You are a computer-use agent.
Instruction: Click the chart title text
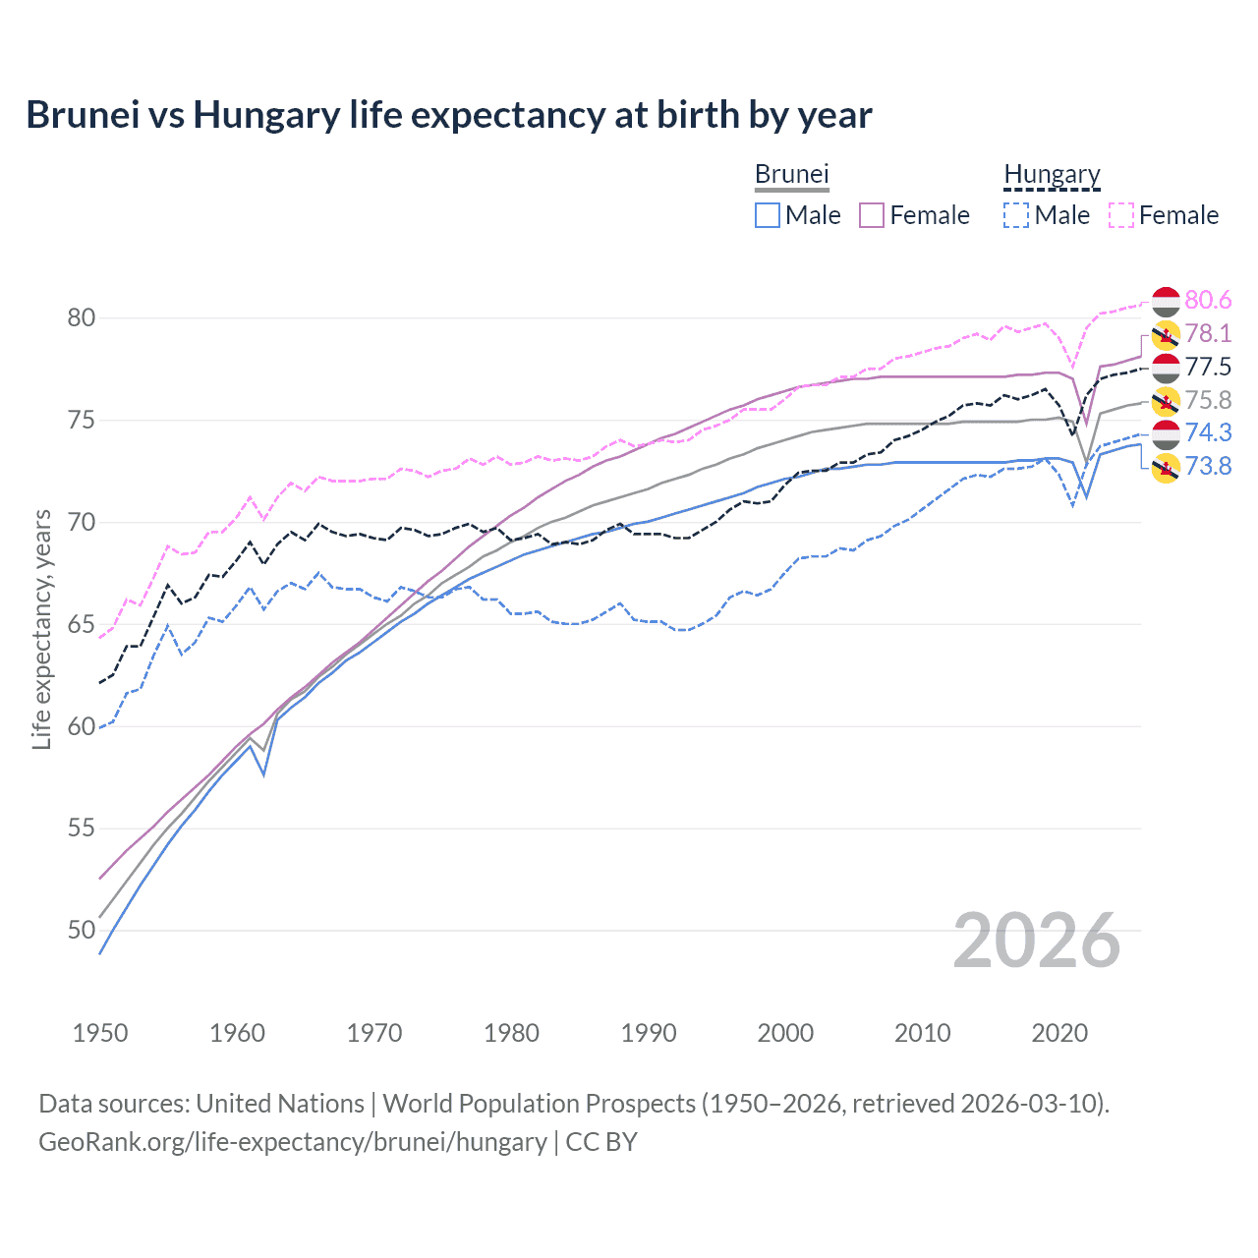tap(448, 115)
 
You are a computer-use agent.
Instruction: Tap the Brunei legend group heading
tap(791, 175)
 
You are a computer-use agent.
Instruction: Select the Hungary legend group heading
tap(1052, 175)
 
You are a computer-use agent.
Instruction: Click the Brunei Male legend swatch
tap(768, 215)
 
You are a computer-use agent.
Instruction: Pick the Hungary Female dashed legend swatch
tap(1121, 215)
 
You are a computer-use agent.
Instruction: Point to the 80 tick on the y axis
tap(82, 317)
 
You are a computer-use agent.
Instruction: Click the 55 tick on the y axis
tap(82, 829)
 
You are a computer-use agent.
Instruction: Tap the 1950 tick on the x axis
tap(100, 1033)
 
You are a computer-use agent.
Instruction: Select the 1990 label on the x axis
tap(649, 1033)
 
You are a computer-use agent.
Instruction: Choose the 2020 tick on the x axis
tap(1059, 1033)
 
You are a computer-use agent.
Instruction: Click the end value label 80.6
tap(1208, 300)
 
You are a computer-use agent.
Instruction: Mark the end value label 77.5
tap(1208, 367)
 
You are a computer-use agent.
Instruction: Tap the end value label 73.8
tap(1208, 466)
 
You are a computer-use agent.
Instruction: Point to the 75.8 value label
tap(1208, 400)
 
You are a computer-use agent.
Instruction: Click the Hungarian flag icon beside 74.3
tap(1166, 433)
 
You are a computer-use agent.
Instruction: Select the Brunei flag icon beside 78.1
tap(1166, 334)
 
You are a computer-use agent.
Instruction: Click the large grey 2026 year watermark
tap(1037, 941)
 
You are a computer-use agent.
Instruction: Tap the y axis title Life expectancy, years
tap(42, 629)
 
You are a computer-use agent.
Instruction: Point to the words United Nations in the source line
tap(280, 1104)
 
